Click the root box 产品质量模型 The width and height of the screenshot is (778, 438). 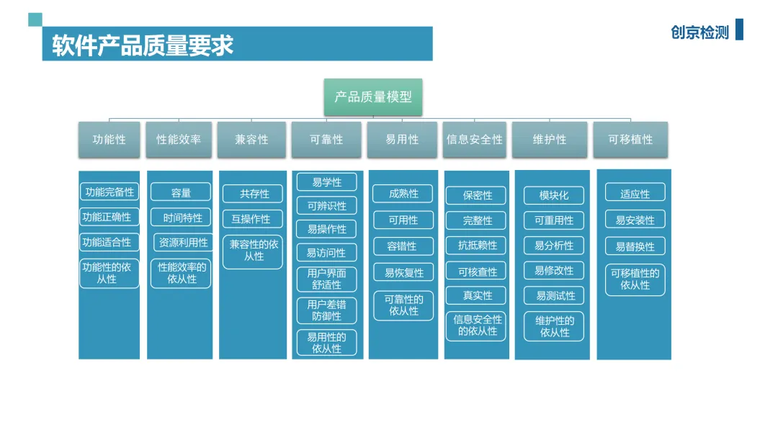tap(372, 97)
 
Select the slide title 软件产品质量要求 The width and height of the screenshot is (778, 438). tap(143, 45)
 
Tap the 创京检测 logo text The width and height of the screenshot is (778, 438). tap(699, 32)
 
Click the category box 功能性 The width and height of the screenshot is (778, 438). tap(109, 139)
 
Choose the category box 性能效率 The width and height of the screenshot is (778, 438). tap(179, 139)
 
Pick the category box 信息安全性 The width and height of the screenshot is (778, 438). tap(474, 139)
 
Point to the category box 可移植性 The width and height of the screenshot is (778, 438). tap(630, 139)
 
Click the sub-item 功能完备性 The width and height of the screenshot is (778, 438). tap(109, 192)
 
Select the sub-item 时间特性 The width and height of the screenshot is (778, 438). tap(182, 218)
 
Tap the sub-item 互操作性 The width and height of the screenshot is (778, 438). tap(251, 218)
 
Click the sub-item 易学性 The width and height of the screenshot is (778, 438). tap(326, 182)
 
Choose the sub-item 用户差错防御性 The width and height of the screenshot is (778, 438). tap(326, 310)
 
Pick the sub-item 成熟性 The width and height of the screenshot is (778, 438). tap(403, 193)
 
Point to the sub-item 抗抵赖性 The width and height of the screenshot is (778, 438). tap(477, 245)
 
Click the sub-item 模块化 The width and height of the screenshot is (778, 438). tap(553, 195)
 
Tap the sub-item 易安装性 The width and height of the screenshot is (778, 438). tap(635, 220)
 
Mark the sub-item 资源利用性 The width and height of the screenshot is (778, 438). tap(182, 243)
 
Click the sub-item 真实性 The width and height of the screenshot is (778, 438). tap(477, 295)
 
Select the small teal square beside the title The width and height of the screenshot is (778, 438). tap(35, 19)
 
